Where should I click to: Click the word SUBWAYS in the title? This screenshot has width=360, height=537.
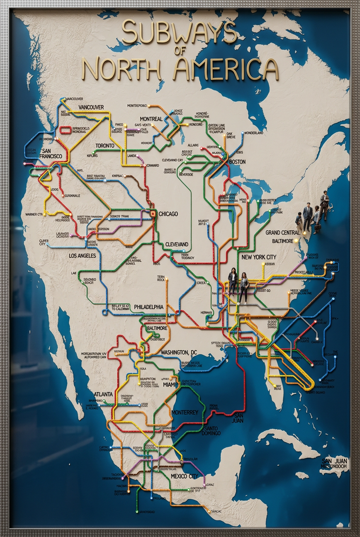pyautogui.click(x=179, y=33)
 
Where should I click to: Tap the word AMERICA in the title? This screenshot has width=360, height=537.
pyautogui.click(x=226, y=69)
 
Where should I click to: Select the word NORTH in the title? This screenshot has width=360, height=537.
pyautogui.click(x=121, y=69)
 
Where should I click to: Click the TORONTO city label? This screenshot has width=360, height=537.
pyautogui.click(x=105, y=146)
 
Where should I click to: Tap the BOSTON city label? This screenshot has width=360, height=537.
pyautogui.click(x=237, y=162)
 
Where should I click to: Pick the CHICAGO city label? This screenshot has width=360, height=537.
pyautogui.click(x=168, y=214)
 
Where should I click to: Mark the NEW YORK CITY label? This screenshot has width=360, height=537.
pyautogui.click(x=259, y=257)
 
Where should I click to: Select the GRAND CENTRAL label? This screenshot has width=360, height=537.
pyautogui.click(x=284, y=233)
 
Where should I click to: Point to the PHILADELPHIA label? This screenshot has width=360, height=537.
pyautogui.click(x=149, y=307)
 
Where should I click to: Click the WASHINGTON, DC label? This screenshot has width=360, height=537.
pyautogui.click(x=179, y=353)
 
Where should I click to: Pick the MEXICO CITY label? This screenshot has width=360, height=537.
pyautogui.click(x=185, y=476)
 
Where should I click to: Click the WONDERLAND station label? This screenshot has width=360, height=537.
pyautogui.click(x=254, y=133)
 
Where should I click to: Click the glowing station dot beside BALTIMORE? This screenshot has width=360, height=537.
pyautogui.click(x=304, y=233)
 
